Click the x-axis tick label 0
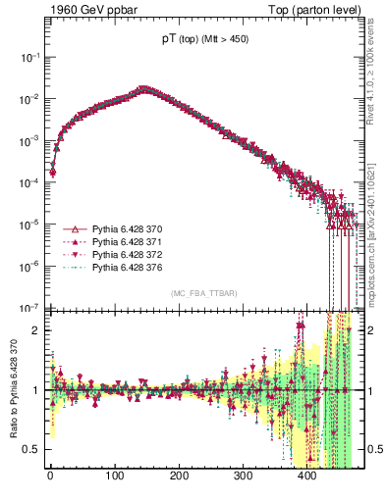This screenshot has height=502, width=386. [x=50, y=476]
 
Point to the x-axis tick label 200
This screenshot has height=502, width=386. [x=179, y=476]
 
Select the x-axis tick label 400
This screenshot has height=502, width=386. [x=307, y=476]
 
